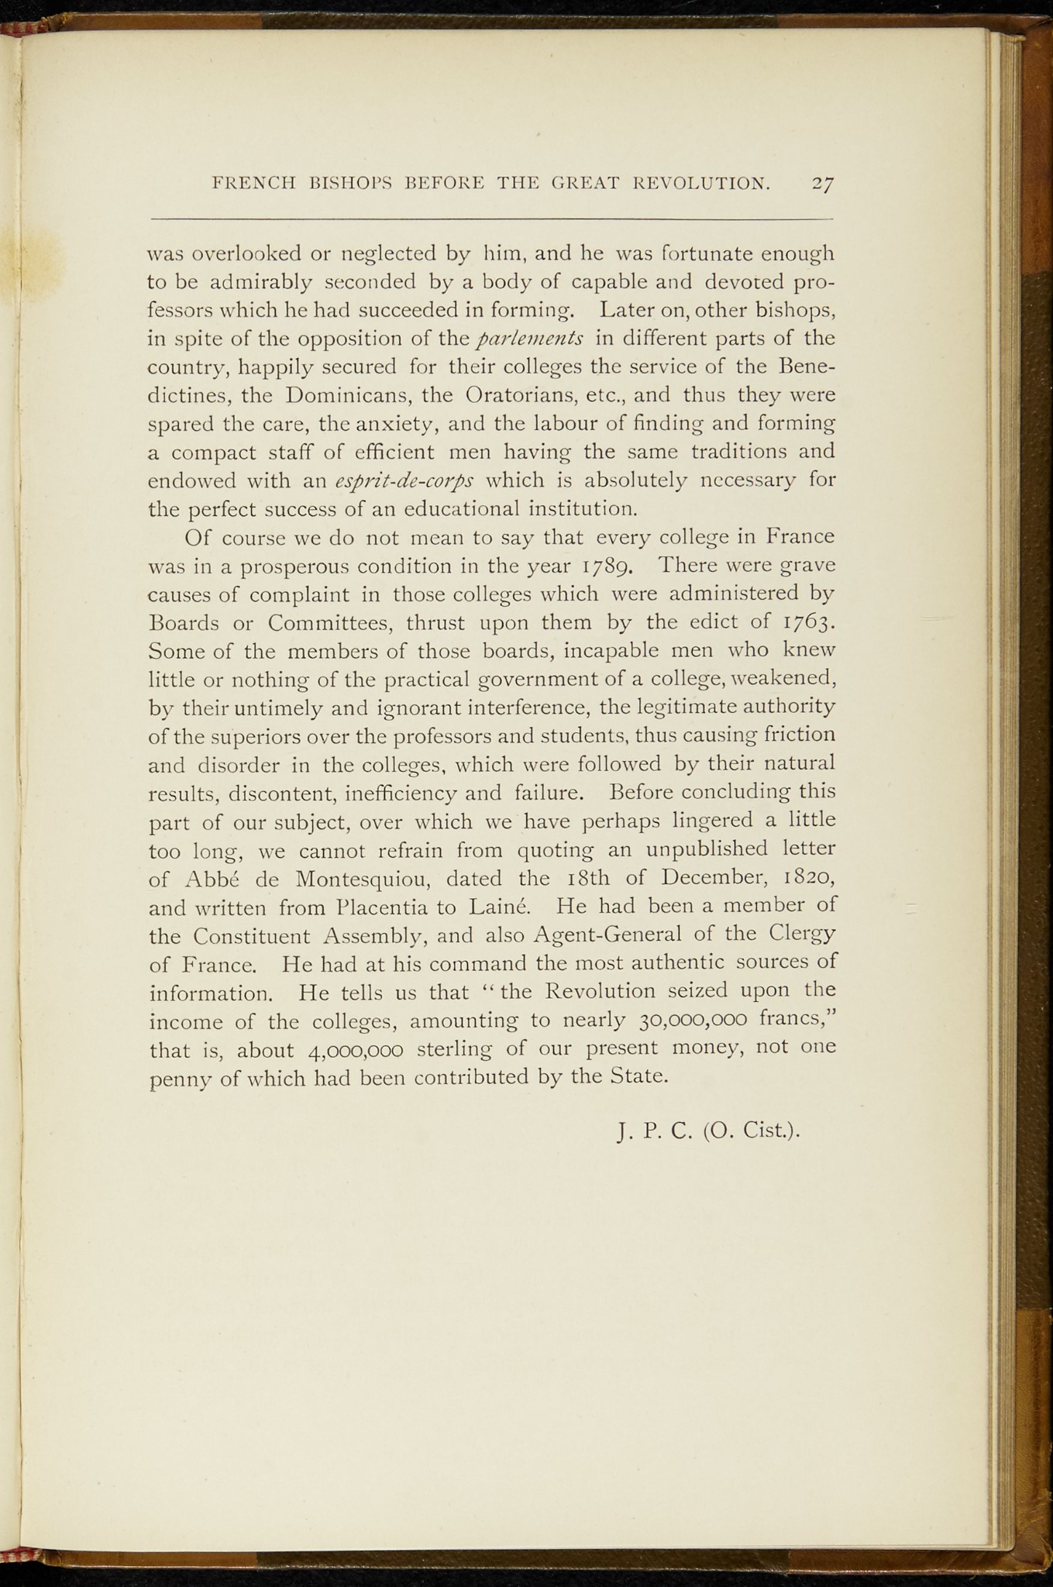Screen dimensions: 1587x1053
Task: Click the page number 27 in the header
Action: point(823,184)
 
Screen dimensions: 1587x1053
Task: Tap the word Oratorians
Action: point(519,395)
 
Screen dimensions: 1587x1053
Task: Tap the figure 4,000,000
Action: point(355,1050)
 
